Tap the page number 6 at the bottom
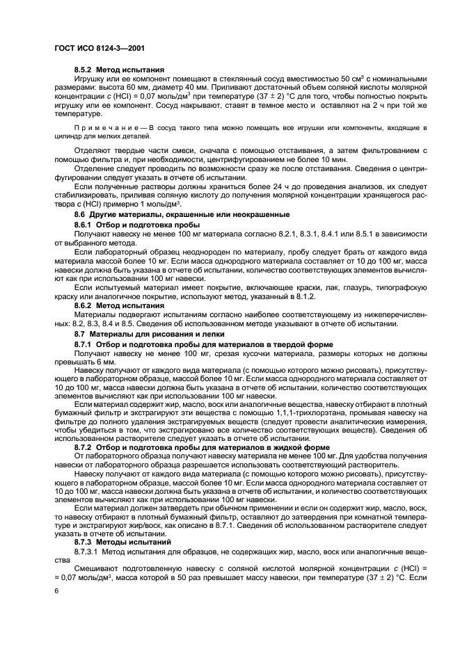tap(56, 590)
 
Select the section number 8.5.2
tap(86, 70)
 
